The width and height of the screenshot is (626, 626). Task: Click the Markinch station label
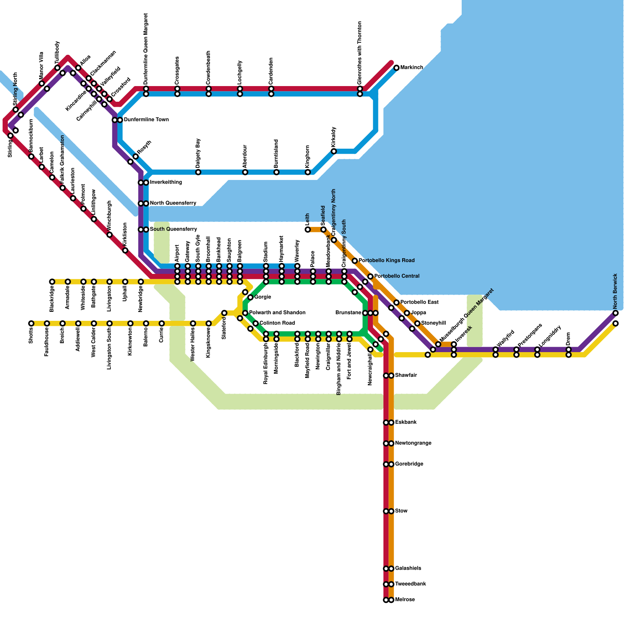tap(412, 68)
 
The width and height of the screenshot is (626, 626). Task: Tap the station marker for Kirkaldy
tap(334, 151)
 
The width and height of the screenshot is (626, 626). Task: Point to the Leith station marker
tap(308, 229)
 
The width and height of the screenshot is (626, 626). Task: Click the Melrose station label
tap(405, 600)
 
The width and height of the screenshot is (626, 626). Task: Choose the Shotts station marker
tap(31, 323)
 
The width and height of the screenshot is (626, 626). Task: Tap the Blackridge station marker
tap(52, 282)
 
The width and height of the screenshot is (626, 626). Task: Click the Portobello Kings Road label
tap(387, 261)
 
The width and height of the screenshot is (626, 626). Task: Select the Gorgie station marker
tap(250, 297)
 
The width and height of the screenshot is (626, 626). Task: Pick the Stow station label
tap(401, 511)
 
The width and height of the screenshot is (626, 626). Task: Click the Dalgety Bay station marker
tap(198, 172)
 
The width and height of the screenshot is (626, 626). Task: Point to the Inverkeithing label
tap(166, 182)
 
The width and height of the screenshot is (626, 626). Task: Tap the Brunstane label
tap(348, 313)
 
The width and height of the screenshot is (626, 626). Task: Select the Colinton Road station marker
tap(255, 323)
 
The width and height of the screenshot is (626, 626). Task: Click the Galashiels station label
tap(408, 568)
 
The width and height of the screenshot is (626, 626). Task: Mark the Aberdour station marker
tap(245, 172)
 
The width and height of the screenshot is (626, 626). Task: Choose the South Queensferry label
tap(173, 229)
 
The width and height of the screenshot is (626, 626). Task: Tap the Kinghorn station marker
tap(308, 172)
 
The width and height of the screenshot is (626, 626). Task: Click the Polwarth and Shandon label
tap(277, 313)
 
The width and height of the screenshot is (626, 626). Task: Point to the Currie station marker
tap(162, 323)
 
